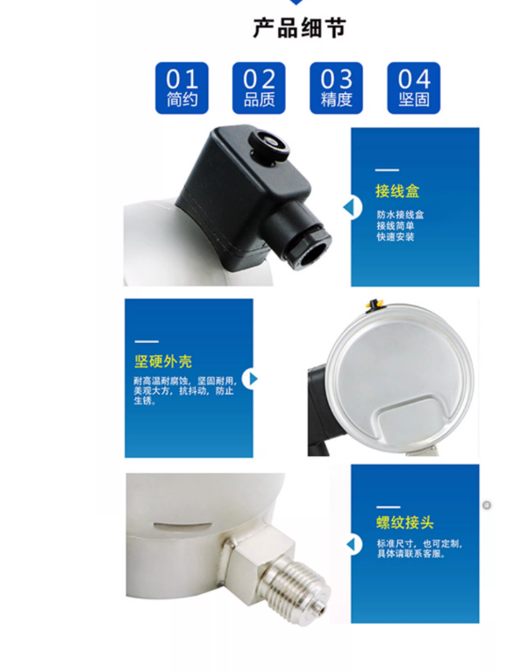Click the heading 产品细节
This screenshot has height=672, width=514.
click(x=300, y=29)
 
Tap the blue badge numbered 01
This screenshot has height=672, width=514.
click(x=182, y=88)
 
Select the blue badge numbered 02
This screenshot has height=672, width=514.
click(x=259, y=88)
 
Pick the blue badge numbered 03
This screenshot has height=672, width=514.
click(x=336, y=88)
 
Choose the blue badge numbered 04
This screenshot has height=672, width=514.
click(x=413, y=88)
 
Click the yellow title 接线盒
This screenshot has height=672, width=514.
click(x=394, y=191)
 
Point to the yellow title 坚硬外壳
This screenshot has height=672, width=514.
click(x=163, y=361)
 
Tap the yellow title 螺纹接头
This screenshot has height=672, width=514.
click(x=399, y=523)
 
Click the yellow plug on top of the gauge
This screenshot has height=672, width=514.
click(x=373, y=304)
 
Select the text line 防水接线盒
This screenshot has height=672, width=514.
click(x=401, y=215)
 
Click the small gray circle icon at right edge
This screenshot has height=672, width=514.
click(x=487, y=505)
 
